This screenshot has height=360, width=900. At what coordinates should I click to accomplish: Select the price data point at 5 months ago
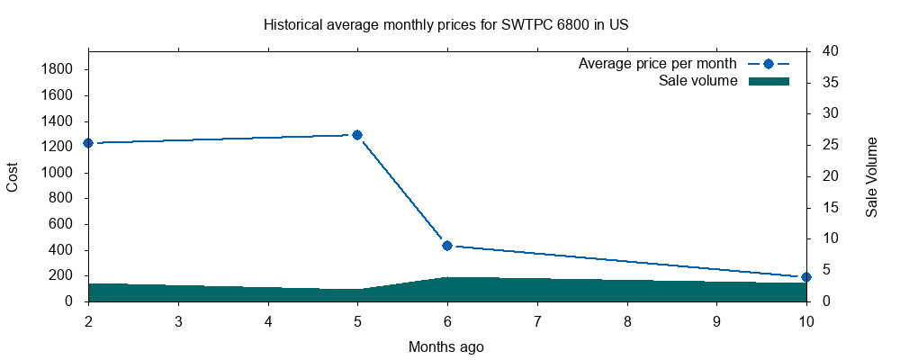pyautogui.click(x=357, y=135)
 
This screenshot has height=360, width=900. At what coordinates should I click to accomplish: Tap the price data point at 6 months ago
pyautogui.click(x=447, y=246)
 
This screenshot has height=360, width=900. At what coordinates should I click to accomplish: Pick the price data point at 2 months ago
pyautogui.click(x=88, y=143)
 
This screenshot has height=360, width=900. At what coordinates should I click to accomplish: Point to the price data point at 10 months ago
pyautogui.click(x=806, y=277)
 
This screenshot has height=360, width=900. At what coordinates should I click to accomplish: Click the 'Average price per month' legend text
pyautogui.click(x=658, y=64)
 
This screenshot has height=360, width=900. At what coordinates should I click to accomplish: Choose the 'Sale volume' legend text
pyautogui.click(x=698, y=81)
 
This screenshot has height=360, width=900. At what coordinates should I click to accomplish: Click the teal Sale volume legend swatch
pyautogui.click(x=769, y=81)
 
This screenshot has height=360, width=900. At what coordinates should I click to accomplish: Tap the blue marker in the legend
pyautogui.click(x=769, y=64)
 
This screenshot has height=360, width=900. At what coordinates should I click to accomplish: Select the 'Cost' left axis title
pyautogui.click(x=13, y=176)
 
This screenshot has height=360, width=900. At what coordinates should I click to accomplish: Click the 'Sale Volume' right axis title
pyautogui.click(x=872, y=176)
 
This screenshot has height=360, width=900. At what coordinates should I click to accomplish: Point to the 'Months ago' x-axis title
pyautogui.click(x=446, y=346)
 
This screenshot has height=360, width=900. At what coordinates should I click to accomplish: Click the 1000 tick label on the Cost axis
pyautogui.click(x=70, y=173)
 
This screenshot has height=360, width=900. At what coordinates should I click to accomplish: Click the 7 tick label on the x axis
pyautogui.click(x=537, y=320)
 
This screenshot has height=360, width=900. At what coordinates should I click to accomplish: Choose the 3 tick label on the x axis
pyautogui.click(x=178, y=320)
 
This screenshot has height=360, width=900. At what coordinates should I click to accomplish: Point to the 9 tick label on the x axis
pyautogui.click(x=716, y=320)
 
